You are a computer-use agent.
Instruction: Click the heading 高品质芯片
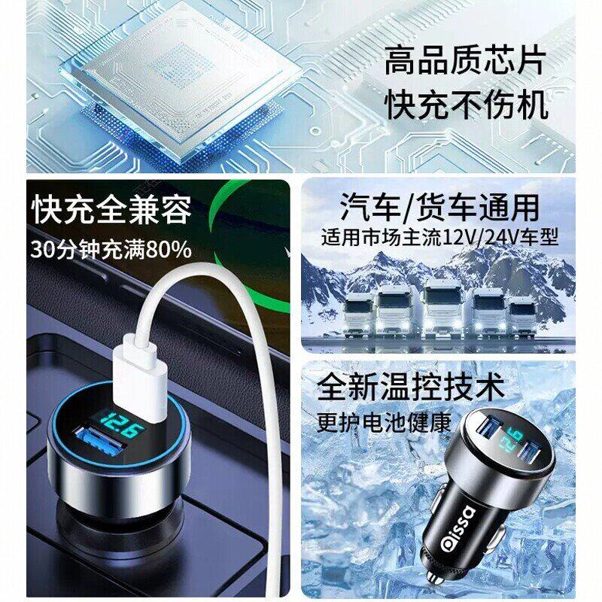coord(465,61)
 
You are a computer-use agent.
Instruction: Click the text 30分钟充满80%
coord(111,250)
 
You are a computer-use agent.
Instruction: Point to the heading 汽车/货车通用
coord(439,208)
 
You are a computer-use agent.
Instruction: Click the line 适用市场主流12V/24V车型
coord(439,238)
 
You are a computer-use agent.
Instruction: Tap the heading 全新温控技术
coord(410,387)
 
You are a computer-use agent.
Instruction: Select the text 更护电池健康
coord(384,422)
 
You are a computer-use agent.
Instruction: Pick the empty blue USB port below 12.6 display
coord(101,440)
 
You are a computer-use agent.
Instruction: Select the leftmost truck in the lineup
coord(357,316)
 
